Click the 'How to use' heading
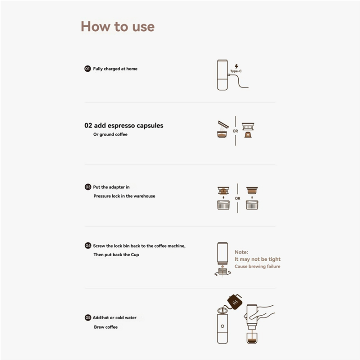(x=118, y=26)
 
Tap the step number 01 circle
(x=87, y=69)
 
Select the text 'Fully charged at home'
(x=115, y=69)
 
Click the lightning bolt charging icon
(x=236, y=65)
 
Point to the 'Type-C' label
(x=236, y=71)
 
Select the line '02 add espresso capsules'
(x=124, y=125)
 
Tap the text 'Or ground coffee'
(x=110, y=134)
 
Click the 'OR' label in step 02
(x=235, y=131)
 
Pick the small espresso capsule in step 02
(x=247, y=135)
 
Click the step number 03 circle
(x=87, y=187)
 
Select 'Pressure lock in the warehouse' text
(x=124, y=196)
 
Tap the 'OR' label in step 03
(x=238, y=198)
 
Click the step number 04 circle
(x=87, y=246)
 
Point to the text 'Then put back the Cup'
(x=116, y=255)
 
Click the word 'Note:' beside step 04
(x=241, y=252)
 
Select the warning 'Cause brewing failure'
(x=257, y=266)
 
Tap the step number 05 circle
(x=87, y=317)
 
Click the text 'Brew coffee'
(x=106, y=327)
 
